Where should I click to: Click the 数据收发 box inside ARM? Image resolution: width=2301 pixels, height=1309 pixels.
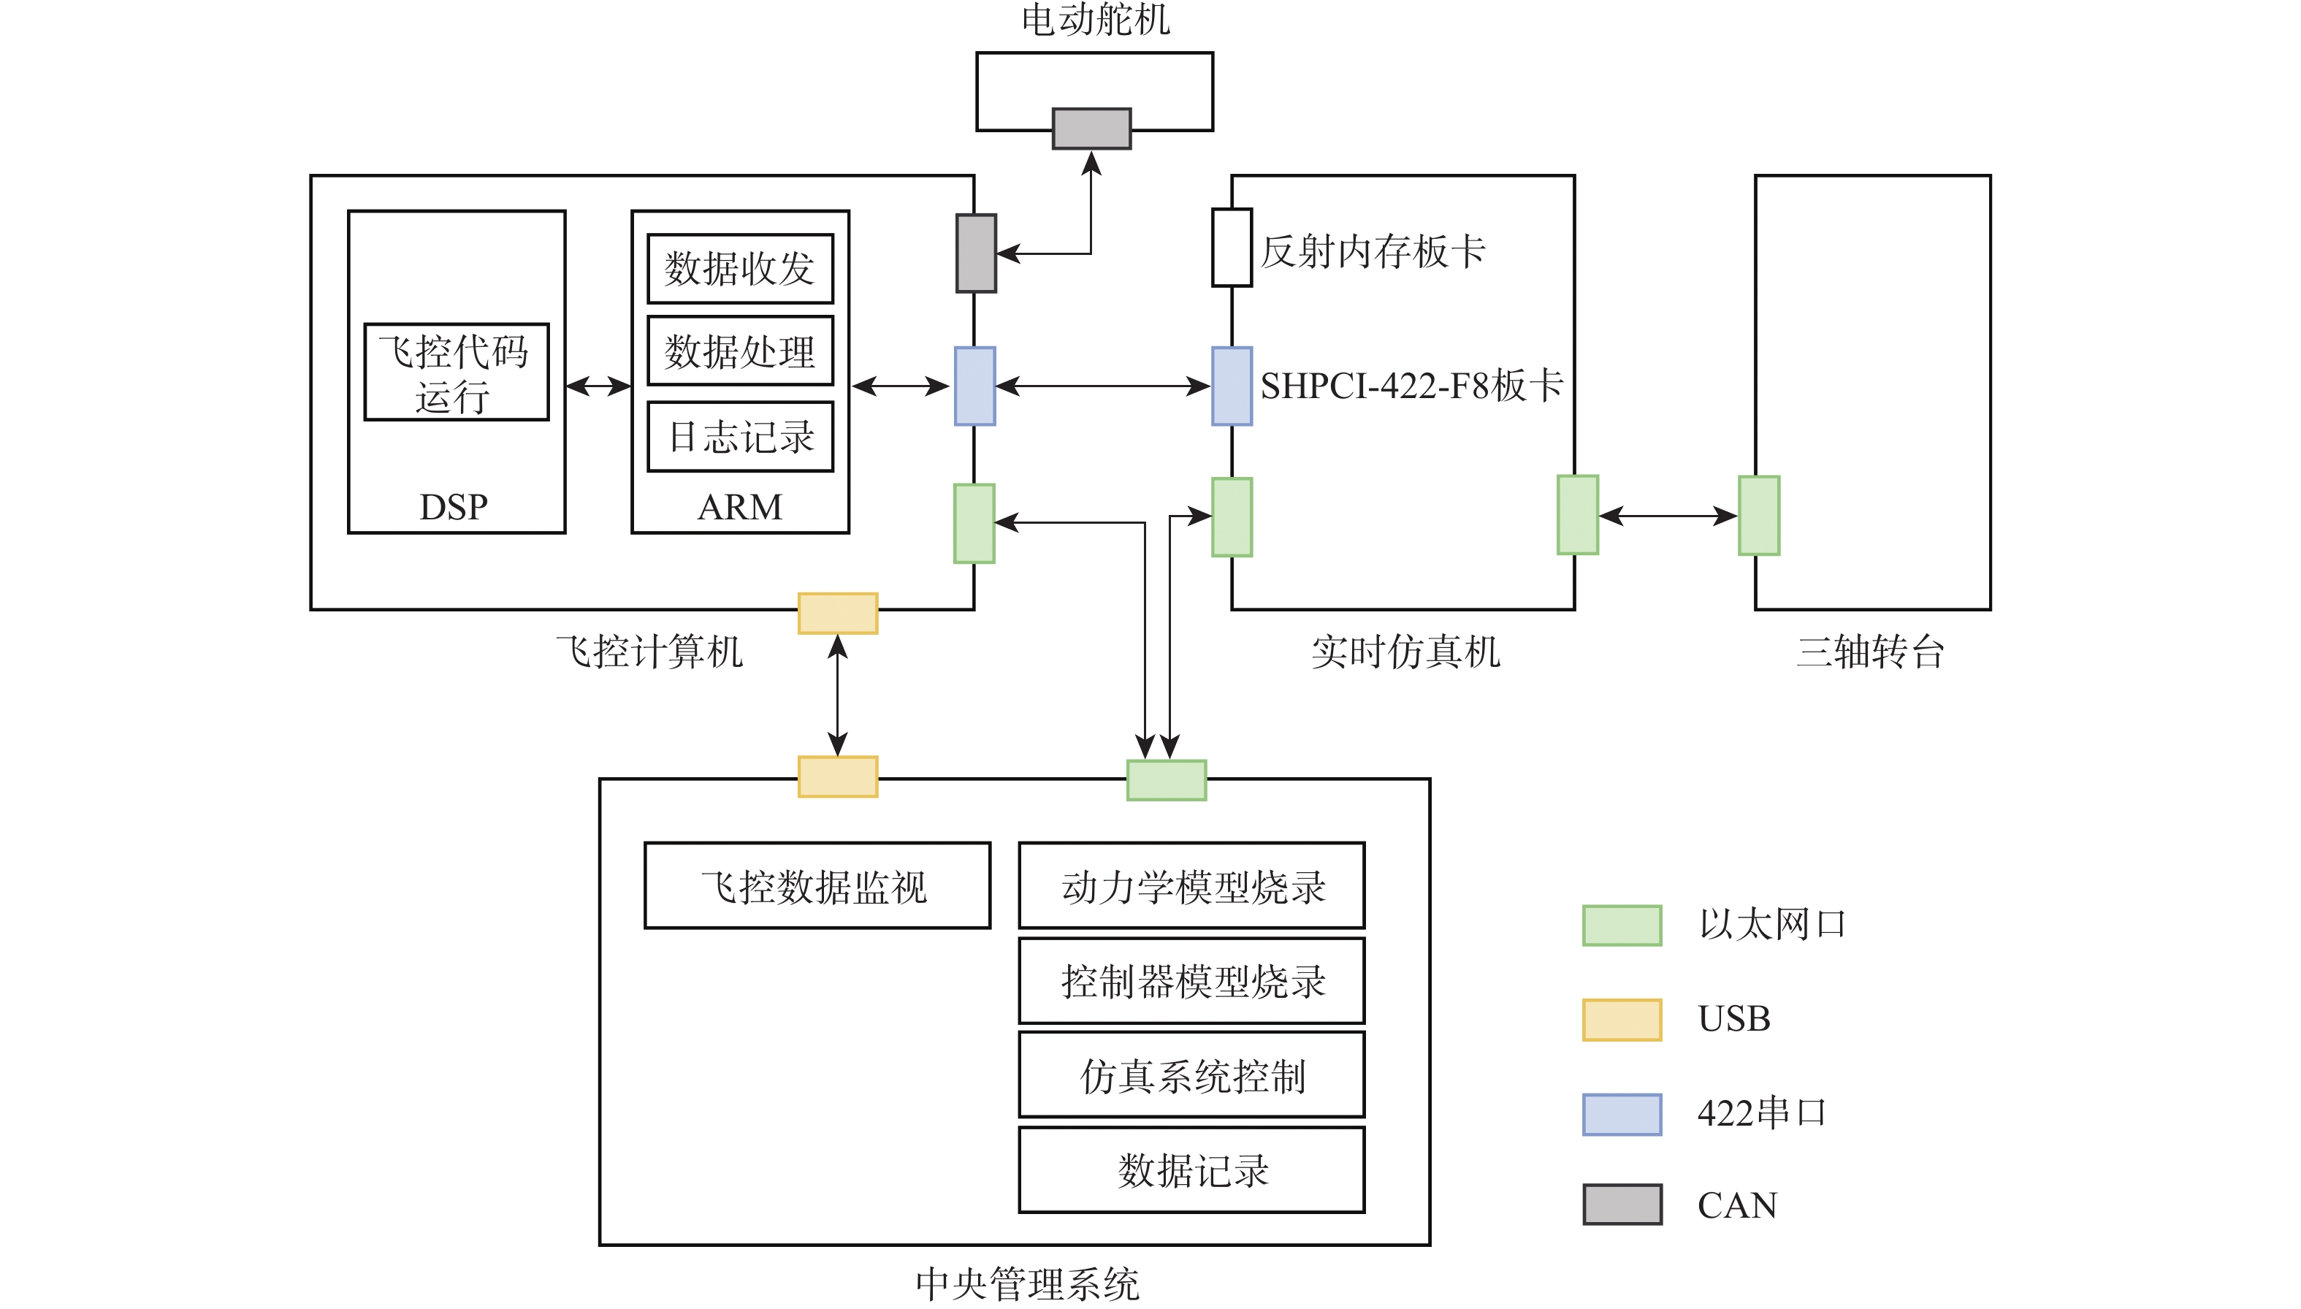pos(740,269)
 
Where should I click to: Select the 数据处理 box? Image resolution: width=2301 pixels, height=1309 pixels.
pos(740,351)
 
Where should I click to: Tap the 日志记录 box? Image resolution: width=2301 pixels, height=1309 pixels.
pos(740,437)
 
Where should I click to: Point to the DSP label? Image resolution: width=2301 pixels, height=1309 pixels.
pos(454,507)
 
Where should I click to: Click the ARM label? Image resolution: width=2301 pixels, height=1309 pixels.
pos(740,507)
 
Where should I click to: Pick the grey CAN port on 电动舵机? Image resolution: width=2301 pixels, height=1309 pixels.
pos(1091,129)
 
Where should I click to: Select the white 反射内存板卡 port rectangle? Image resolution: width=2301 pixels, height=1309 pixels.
pos(1232,248)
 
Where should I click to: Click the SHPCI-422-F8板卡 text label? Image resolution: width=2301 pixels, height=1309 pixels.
pos(1411,386)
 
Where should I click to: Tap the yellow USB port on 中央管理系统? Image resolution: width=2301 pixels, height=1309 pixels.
pos(838,776)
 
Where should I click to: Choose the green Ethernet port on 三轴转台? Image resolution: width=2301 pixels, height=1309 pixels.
pos(1759,515)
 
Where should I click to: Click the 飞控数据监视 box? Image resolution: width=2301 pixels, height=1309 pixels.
pos(817,885)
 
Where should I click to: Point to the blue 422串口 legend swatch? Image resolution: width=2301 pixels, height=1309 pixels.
pos(1622,1114)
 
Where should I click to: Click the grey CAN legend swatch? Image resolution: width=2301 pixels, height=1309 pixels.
pos(1622,1205)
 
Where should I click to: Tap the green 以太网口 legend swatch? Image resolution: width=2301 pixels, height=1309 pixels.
pos(1622,925)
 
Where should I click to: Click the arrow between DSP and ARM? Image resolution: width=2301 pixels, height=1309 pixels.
pos(598,386)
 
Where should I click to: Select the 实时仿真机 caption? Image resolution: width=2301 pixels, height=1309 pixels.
pos(1405,652)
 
